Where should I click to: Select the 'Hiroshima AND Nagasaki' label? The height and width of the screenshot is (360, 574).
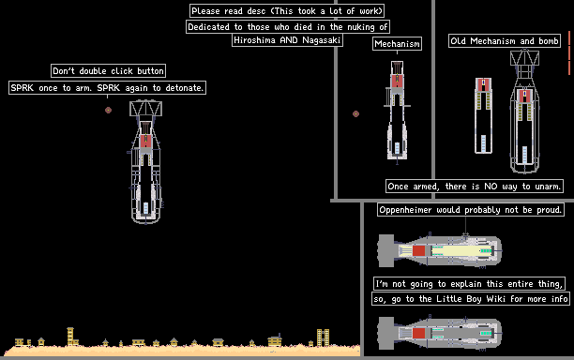(x=287, y=40)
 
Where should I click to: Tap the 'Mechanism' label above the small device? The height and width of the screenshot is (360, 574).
(x=397, y=44)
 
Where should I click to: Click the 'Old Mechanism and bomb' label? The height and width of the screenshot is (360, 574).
(x=505, y=41)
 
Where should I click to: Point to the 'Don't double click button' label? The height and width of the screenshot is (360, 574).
(x=108, y=71)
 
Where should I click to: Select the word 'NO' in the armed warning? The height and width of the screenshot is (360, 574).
(x=491, y=187)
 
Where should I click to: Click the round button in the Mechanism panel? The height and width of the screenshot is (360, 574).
(x=355, y=113)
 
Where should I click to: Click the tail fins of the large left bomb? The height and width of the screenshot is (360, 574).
(x=145, y=109)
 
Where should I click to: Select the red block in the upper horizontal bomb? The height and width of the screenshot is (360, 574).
(x=419, y=251)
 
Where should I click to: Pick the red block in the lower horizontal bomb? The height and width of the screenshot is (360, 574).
(x=419, y=334)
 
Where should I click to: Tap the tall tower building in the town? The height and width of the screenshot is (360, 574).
(x=70, y=337)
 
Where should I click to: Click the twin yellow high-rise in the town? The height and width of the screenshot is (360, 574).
(x=323, y=337)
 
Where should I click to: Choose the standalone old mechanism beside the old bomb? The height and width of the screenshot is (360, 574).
(x=483, y=115)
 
